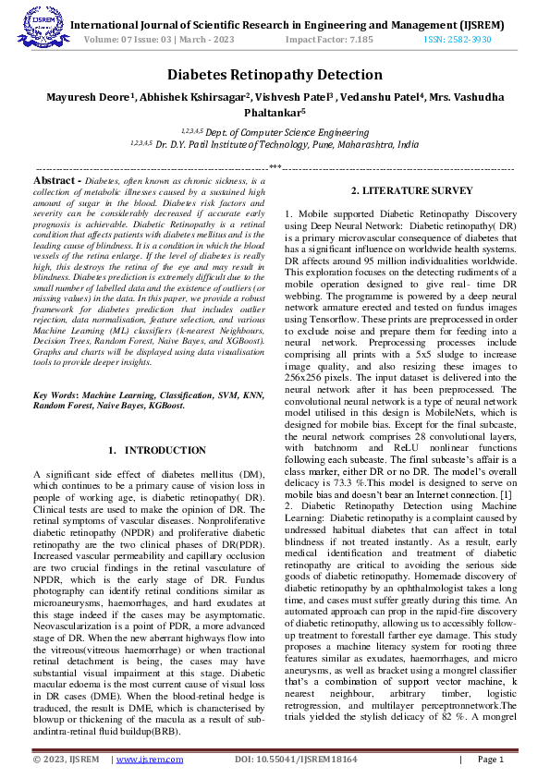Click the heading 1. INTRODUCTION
pos(157,450)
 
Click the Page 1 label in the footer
pos(489,760)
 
